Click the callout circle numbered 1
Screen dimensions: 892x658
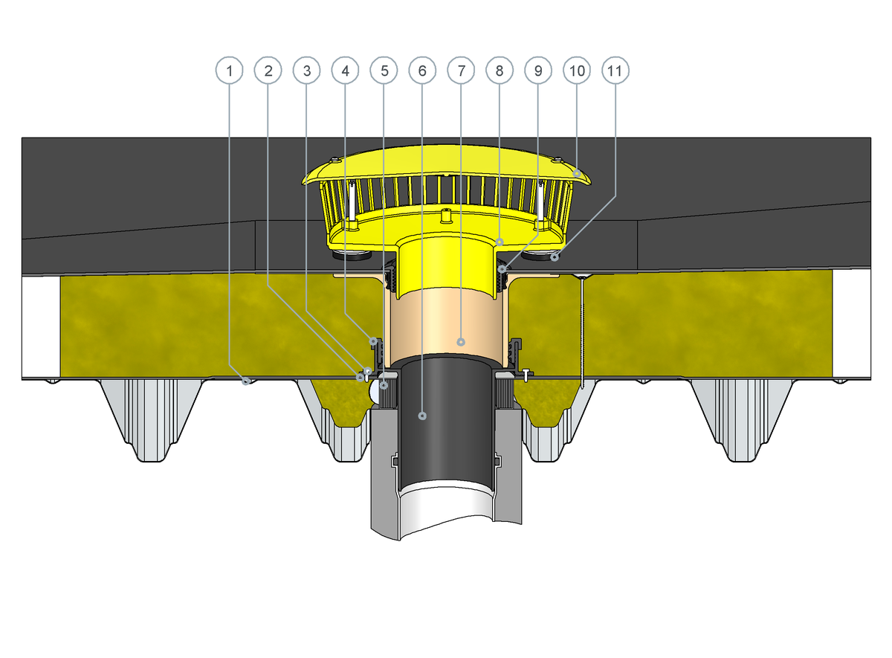tap(230, 71)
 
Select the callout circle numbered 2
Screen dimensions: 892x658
tap(268, 71)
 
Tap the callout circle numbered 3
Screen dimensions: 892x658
tap(306, 71)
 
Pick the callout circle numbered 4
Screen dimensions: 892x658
tap(345, 71)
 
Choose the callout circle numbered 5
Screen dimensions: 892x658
tap(384, 71)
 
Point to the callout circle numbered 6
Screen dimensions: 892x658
tap(422, 71)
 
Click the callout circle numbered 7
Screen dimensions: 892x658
tap(461, 71)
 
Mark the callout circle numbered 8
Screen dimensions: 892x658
tap(500, 71)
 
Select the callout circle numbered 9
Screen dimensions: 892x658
tap(538, 71)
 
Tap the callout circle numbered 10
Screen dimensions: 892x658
tap(577, 71)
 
